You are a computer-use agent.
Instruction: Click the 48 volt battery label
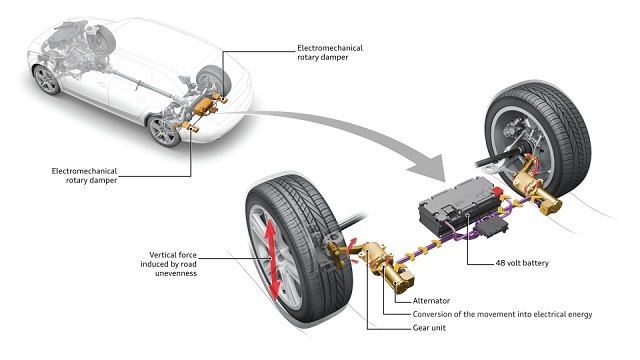522,263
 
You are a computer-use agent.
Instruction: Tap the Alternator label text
431,301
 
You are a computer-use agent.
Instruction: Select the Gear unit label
429,328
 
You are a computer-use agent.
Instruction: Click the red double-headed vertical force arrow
272,261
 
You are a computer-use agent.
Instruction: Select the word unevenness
176,273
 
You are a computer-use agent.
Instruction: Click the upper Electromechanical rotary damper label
330,53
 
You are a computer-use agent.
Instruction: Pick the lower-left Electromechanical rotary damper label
84,176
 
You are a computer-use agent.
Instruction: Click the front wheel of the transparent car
46,80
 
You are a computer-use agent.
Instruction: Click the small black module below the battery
493,227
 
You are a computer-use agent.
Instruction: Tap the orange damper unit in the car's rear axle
204,106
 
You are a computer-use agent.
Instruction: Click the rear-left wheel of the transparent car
164,131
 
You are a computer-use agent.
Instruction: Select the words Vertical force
173,255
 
